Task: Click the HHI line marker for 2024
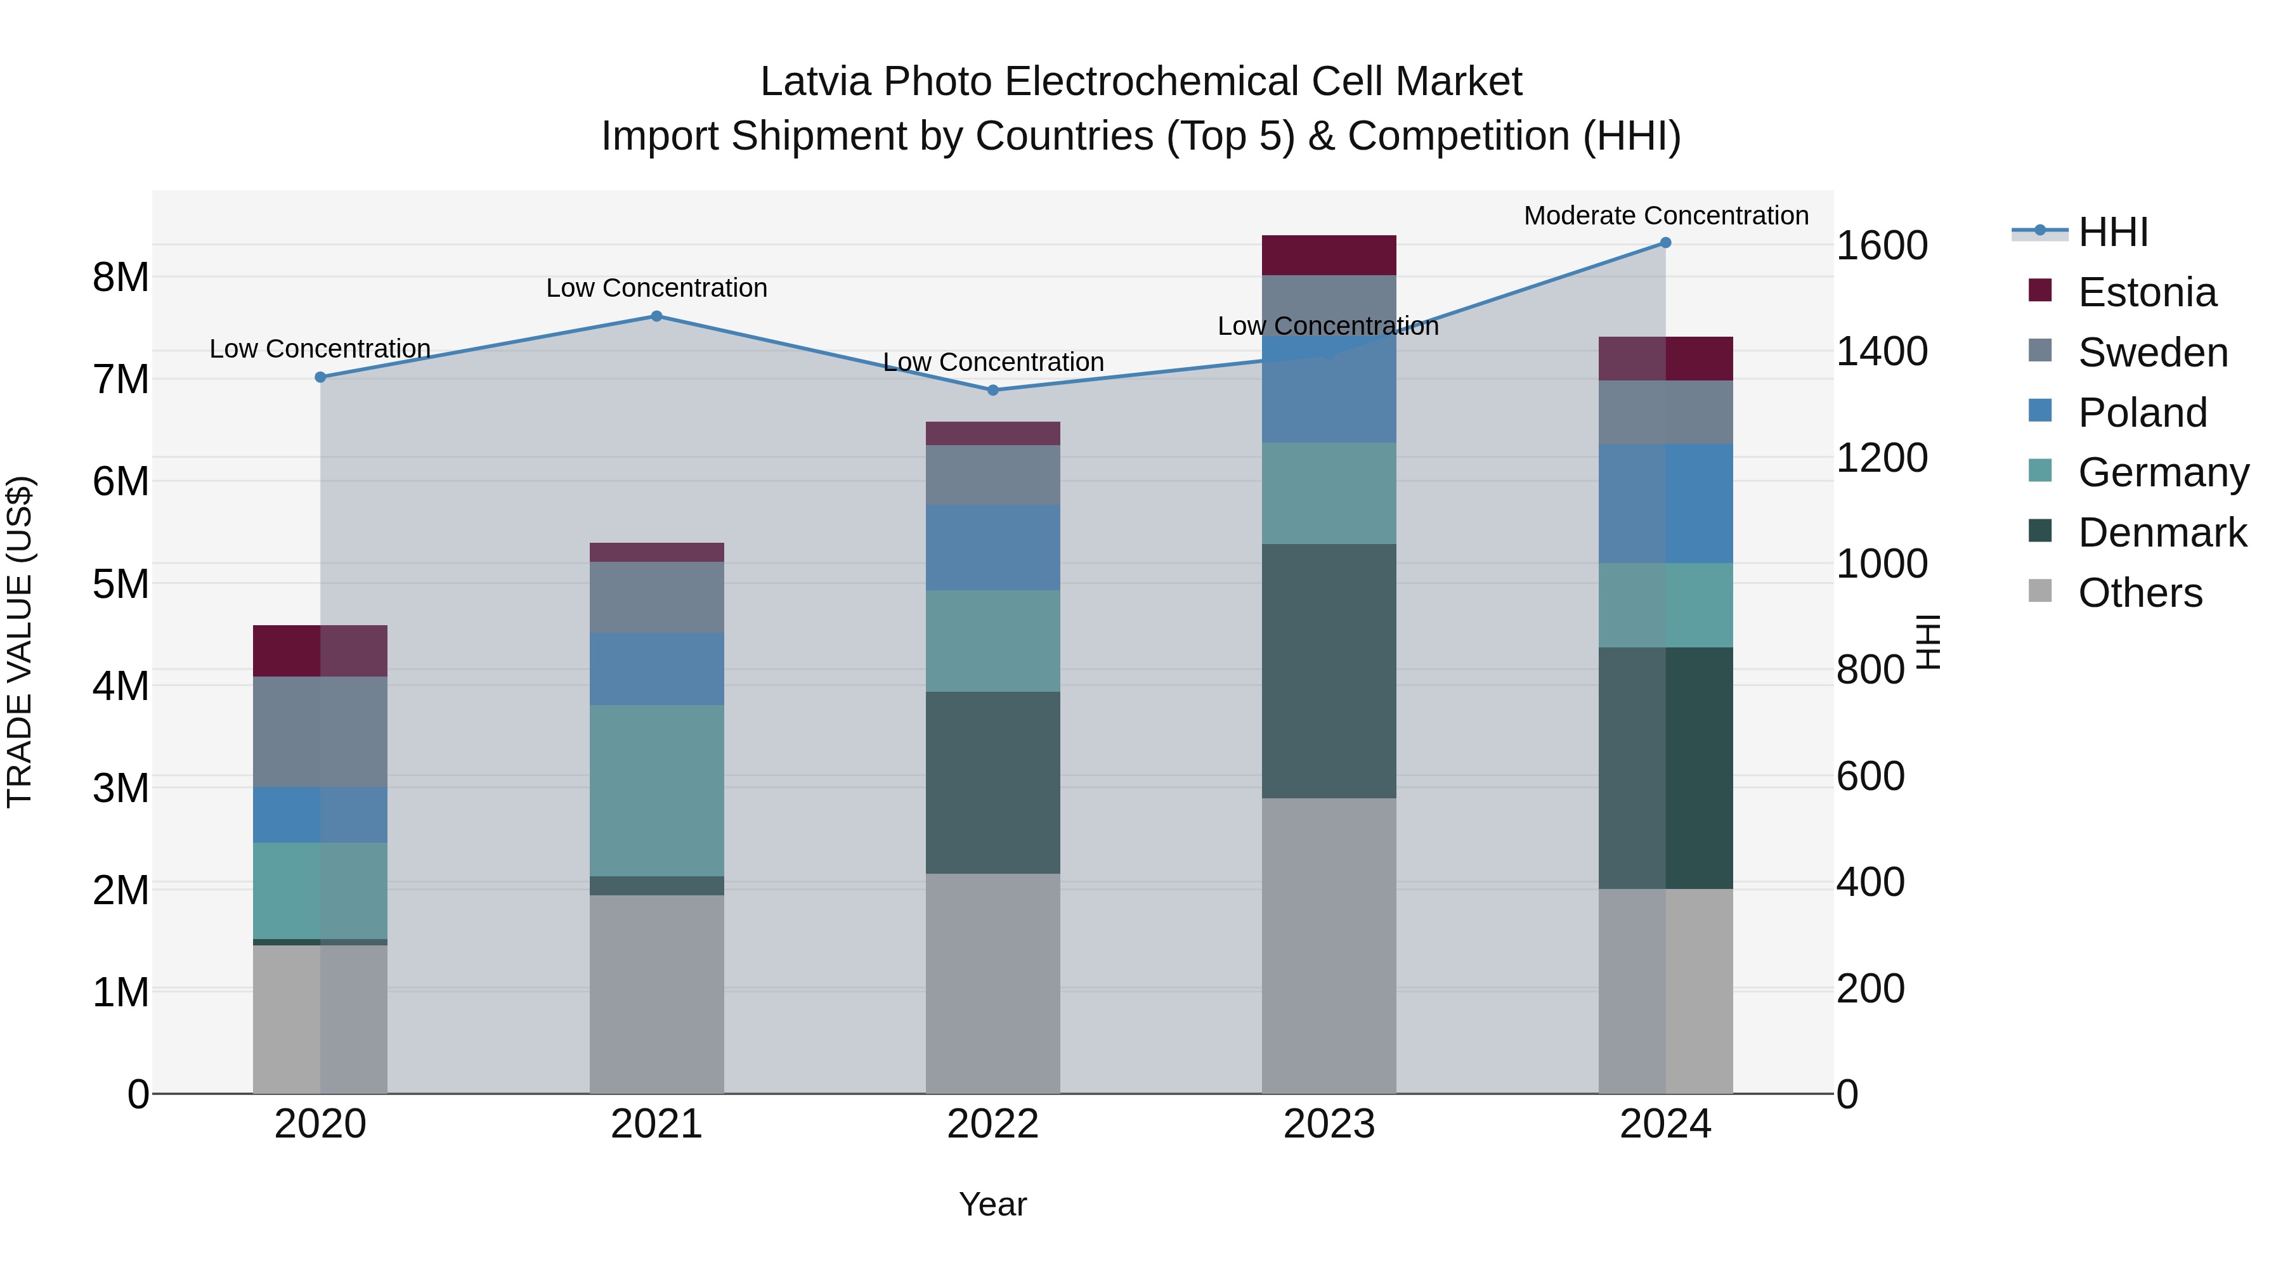1665,243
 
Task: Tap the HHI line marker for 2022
992,390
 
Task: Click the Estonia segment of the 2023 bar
1329,255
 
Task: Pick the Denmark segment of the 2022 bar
992,782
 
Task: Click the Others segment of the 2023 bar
1329,945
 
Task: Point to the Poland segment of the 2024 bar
1665,503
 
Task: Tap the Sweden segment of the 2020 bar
320,732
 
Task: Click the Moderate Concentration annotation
1665,216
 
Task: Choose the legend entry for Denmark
2162,533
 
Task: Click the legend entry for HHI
2113,232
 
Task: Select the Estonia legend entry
2147,292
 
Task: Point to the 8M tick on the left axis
120,277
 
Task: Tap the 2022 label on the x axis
992,1124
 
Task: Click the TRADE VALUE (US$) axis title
20,642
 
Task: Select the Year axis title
992,1204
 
